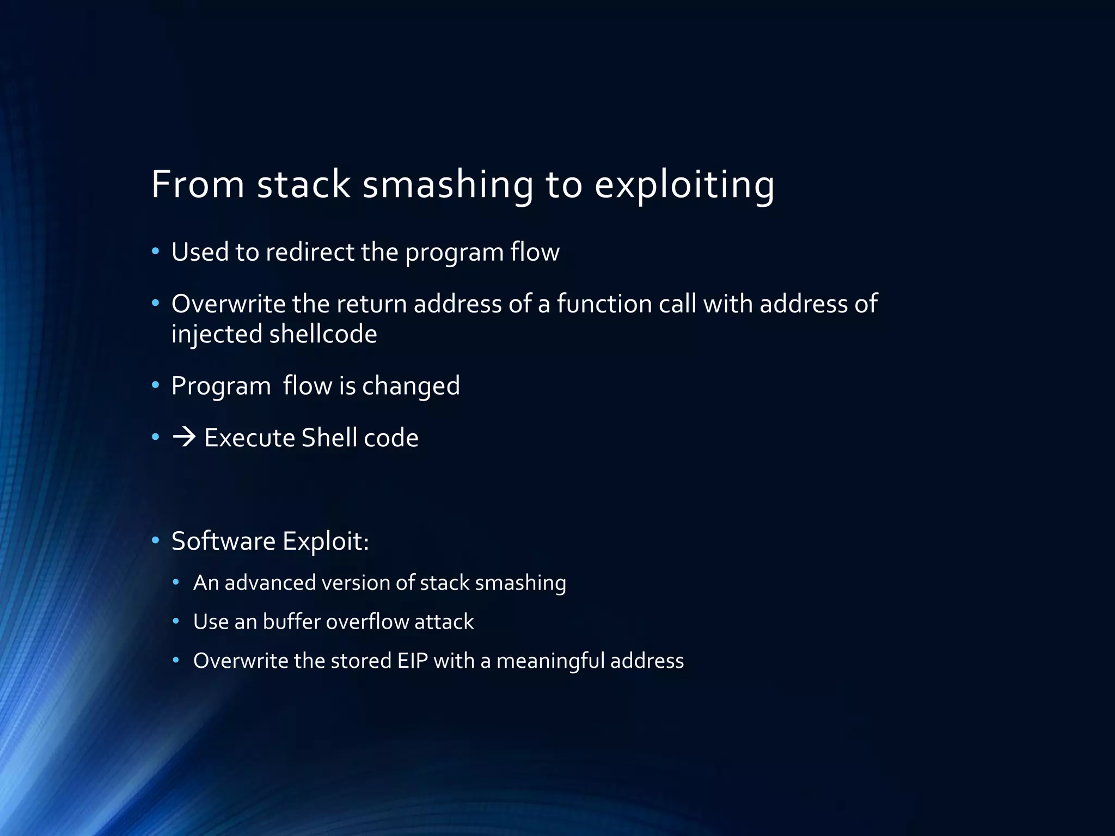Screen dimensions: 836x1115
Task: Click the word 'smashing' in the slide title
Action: (448, 185)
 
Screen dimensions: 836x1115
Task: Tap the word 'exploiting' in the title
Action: (684, 185)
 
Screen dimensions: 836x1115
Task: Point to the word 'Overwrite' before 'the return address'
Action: (228, 304)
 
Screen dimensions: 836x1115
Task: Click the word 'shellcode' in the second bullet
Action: (323, 334)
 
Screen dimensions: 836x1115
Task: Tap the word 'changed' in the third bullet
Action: (411, 386)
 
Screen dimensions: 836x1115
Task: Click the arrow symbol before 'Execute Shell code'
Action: (184, 437)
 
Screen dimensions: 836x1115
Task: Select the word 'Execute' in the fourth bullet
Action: (249, 438)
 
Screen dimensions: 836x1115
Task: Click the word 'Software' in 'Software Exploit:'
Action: (223, 541)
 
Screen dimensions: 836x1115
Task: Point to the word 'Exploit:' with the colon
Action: (326, 542)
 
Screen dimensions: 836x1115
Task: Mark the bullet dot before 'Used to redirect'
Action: (156, 251)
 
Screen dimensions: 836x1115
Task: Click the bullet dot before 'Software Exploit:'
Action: (156, 540)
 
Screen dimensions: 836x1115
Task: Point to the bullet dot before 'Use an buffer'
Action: (176, 622)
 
